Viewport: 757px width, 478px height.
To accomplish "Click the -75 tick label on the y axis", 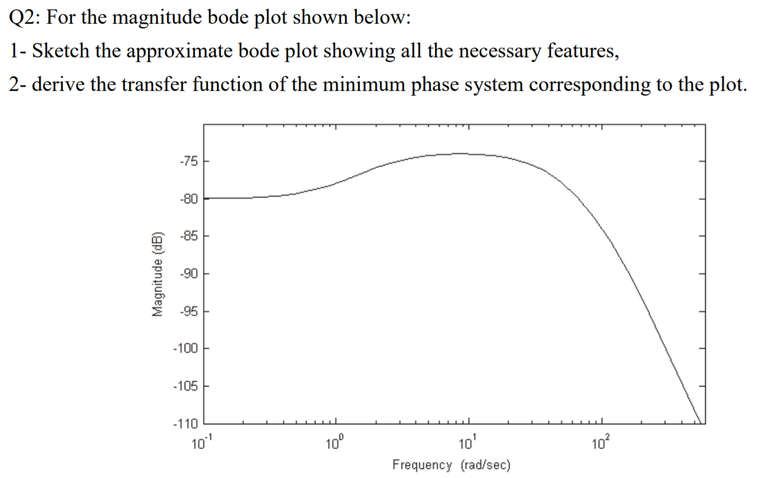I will tap(188, 161).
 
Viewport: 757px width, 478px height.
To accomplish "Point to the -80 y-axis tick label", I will tap(188, 199).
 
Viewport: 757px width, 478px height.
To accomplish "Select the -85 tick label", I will tap(188, 236).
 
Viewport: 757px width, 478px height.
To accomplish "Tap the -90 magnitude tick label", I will tap(188, 273).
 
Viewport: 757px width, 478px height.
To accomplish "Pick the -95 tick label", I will tap(188, 312).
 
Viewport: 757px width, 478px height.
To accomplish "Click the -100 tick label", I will tap(186, 348).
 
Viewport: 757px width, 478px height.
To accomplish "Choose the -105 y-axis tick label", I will tap(186, 386).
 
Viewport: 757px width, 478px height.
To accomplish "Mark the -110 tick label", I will tap(186, 423).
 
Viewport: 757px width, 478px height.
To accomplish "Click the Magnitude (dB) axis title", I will tap(156, 273).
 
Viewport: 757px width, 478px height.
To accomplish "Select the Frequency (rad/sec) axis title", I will tap(451, 465).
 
